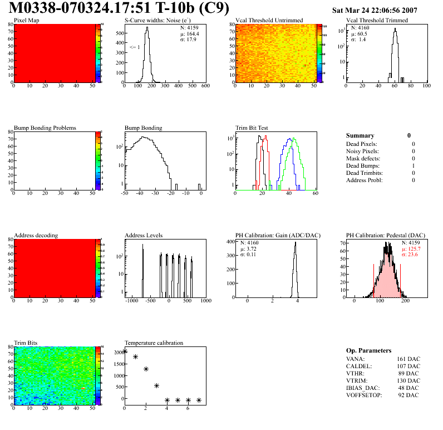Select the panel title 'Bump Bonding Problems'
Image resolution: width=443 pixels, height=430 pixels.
tap(45, 128)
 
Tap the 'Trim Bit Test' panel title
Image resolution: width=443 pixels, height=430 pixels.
tap(252, 128)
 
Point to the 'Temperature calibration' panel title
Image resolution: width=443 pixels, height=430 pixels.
tap(154, 343)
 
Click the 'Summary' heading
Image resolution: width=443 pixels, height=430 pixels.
tap(360, 135)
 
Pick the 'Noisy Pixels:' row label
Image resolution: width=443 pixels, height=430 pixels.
tap(362, 151)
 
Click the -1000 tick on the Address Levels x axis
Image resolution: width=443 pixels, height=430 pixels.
tap(132, 301)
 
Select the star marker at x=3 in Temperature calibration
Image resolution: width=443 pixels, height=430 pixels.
tap(156, 385)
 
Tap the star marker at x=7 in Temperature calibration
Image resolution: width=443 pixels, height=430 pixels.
tap(199, 400)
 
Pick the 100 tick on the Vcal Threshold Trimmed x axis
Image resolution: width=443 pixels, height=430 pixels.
tap(426, 86)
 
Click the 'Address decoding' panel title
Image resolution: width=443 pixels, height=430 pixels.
tap(36, 236)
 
